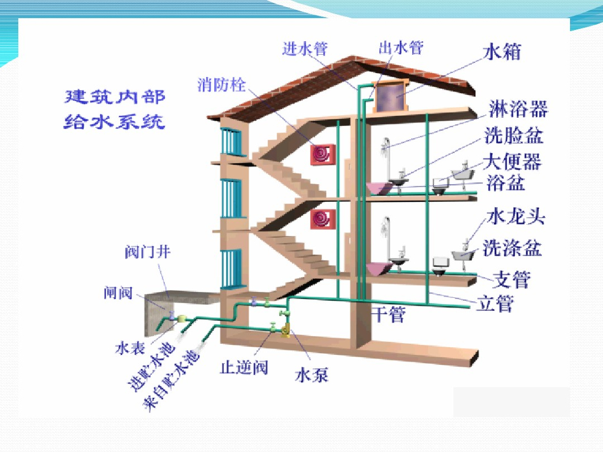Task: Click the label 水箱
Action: [x=502, y=51]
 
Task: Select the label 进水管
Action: [x=304, y=48]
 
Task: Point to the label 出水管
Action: [x=400, y=48]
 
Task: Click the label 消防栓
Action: [x=221, y=84]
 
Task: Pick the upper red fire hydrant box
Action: [x=323, y=155]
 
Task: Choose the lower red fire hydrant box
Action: [x=323, y=218]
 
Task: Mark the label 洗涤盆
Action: [x=512, y=248]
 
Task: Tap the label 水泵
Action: [x=311, y=375]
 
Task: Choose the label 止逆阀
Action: [x=244, y=368]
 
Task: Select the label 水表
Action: [x=130, y=348]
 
